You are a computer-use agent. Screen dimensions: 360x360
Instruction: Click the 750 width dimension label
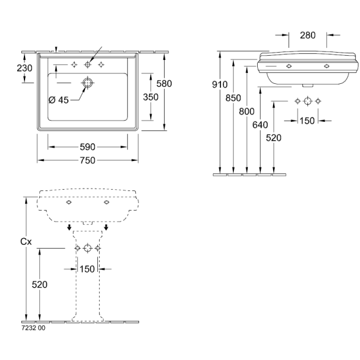pyautogui.click(x=88, y=160)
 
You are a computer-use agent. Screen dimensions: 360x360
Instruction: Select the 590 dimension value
pyautogui.click(x=88, y=147)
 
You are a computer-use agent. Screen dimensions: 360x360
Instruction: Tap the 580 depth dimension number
pyautogui.click(x=164, y=84)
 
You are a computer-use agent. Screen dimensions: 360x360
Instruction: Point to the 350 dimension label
pyautogui.click(x=151, y=97)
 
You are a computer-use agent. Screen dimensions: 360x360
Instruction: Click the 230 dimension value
pyautogui.click(x=24, y=68)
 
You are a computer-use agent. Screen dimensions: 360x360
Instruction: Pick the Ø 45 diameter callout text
pyautogui.click(x=59, y=100)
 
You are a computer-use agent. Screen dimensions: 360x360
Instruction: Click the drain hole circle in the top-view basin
pyautogui.click(x=88, y=83)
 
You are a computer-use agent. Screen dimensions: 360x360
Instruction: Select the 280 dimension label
pyautogui.click(x=307, y=36)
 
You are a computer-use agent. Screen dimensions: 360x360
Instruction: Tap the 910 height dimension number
pyautogui.click(x=220, y=84)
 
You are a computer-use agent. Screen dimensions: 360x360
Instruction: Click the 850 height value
pyautogui.click(x=233, y=98)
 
